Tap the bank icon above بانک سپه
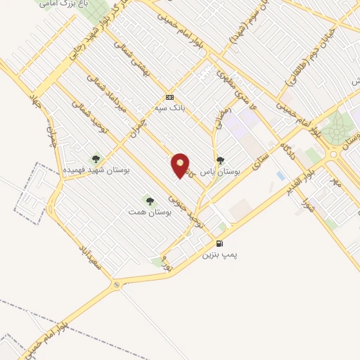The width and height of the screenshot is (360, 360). [169, 97]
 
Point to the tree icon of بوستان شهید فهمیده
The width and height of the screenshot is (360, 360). [96, 159]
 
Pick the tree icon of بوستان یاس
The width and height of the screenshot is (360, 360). [221, 160]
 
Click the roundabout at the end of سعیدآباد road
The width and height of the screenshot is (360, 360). [116, 285]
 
